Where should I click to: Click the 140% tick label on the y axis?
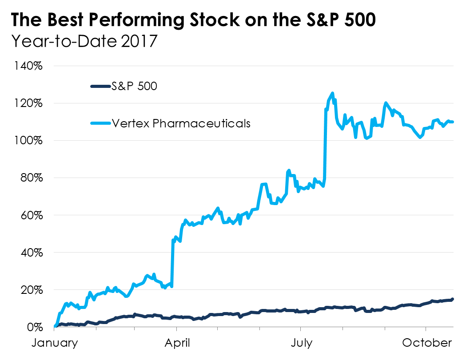29,66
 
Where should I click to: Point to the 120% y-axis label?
29,103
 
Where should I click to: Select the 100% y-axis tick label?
29,141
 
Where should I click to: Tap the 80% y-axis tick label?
31,178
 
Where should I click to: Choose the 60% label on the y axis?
31,215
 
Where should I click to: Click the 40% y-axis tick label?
31,253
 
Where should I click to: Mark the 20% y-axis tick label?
31,290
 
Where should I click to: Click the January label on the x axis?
54,343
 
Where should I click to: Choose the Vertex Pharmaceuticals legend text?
181,123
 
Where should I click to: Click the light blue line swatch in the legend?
100,123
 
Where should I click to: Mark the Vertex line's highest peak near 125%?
332,93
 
